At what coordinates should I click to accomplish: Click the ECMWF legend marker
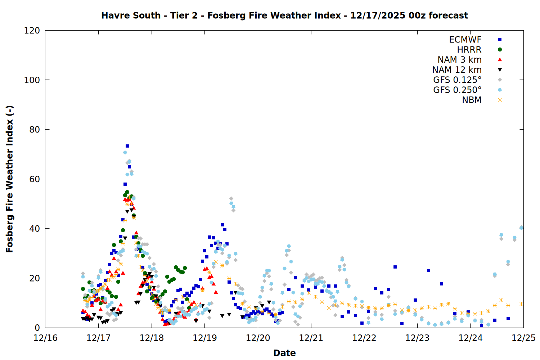tap(500, 40)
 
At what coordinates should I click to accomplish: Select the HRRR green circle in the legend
tap(500, 50)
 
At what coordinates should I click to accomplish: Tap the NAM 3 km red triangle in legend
tap(500, 59)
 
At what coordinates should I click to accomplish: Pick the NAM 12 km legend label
tap(457, 70)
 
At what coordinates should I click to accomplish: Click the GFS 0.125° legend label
tap(457, 80)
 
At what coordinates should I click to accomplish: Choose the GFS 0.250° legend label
tap(457, 90)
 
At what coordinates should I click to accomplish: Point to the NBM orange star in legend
tap(500, 100)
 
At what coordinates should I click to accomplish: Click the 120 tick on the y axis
tap(32, 31)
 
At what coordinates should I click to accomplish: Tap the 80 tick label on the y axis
tap(34, 130)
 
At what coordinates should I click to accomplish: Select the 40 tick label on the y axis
tap(34, 229)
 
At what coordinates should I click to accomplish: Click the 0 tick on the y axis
tap(37, 328)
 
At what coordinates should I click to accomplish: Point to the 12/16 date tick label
tap(45, 338)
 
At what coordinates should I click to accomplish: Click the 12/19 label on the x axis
tap(205, 338)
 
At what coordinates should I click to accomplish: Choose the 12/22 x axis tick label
tap(364, 338)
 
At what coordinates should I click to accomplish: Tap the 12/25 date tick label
tap(523, 338)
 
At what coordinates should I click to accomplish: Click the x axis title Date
tap(284, 353)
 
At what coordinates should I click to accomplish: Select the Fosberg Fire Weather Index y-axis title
tap(10, 179)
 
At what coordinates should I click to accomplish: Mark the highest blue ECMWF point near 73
tap(127, 146)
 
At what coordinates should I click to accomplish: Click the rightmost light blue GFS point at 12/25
tap(521, 228)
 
